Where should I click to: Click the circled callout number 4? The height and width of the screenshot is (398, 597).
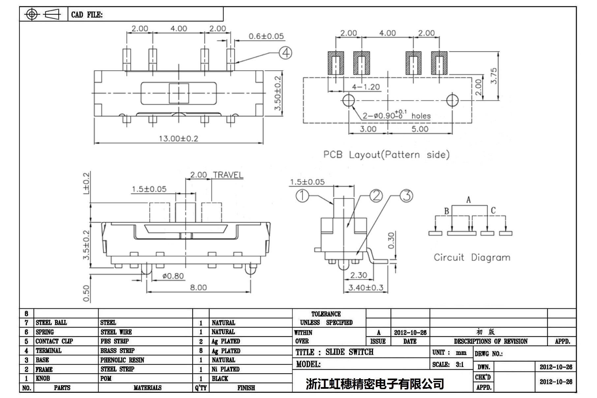pyautogui.click(x=285, y=53)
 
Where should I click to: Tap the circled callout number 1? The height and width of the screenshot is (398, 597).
pyautogui.click(x=302, y=196)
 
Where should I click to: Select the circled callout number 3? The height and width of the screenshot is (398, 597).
pyautogui.click(x=406, y=196)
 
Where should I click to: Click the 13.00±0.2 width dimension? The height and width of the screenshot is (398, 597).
pyautogui.click(x=178, y=138)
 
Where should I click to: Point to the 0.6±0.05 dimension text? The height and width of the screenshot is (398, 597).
pyautogui.click(x=266, y=36)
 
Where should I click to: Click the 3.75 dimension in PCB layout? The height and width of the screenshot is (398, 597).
pyautogui.click(x=493, y=76)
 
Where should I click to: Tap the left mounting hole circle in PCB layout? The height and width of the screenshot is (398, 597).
pyautogui.click(x=348, y=100)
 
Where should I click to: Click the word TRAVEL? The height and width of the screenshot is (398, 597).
pyautogui.click(x=228, y=175)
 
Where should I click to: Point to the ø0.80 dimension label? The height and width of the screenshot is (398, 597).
pyautogui.click(x=173, y=276)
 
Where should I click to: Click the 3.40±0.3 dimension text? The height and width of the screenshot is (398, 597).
pyautogui.click(x=366, y=288)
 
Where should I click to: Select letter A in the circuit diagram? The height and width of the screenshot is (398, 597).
pyautogui.click(x=468, y=200)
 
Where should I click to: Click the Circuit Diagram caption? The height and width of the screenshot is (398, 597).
pyautogui.click(x=472, y=258)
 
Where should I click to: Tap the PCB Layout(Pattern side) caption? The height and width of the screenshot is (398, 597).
pyautogui.click(x=386, y=155)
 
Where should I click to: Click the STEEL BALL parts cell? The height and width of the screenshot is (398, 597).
pyautogui.click(x=51, y=322)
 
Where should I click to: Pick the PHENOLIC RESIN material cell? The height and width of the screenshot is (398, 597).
pyautogui.click(x=122, y=360)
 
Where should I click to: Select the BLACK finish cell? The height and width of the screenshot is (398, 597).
pyautogui.click(x=220, y=379)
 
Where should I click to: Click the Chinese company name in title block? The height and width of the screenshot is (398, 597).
pyautogui.click(x=374, y=383)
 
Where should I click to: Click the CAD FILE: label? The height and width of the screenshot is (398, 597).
pyautogui.click(x=87, y=15)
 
